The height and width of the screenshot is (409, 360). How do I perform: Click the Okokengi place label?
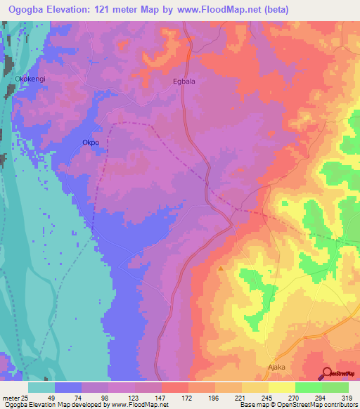point(30,79)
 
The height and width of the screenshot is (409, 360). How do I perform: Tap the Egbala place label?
point(184,82)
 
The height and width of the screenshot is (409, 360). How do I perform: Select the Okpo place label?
point(91,142)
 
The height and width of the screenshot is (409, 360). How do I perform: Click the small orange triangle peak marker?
point(221,268)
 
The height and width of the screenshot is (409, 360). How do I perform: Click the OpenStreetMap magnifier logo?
point(327,374)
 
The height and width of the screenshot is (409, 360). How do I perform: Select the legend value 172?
point(188,397)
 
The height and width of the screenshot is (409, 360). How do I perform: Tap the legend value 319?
point(343,397)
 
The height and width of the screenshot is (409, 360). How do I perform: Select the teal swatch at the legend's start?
point(41,387)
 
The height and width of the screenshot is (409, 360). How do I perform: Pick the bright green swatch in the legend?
point(309,387)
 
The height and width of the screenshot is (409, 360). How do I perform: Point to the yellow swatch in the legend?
point(282,387)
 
